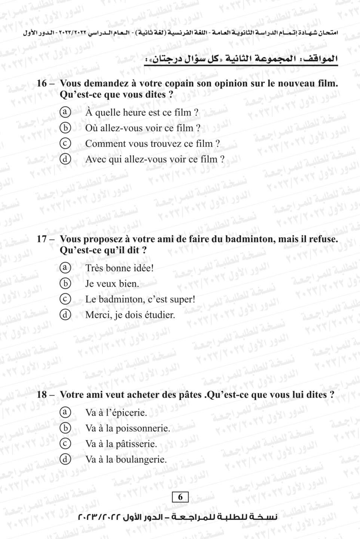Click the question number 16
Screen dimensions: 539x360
click(42, 83)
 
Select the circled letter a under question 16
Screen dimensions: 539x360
click(65, 112)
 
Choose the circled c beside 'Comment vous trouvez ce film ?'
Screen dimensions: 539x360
click(65, 143)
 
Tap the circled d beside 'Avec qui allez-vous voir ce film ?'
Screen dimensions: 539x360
click(65, 159)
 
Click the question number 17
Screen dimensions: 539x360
click(42, 239)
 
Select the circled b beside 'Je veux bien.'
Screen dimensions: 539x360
click(65, 283)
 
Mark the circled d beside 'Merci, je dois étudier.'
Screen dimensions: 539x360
click(65, 315)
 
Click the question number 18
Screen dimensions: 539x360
click(42, 395)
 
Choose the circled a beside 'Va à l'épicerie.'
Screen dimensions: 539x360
click(65, 412)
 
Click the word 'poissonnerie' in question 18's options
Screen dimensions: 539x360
click(142, 428)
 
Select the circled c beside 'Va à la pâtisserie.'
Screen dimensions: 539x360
click(65, 444)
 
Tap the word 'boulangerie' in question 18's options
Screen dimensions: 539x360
click(140, 459)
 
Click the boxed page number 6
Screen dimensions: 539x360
click(180, 497)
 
